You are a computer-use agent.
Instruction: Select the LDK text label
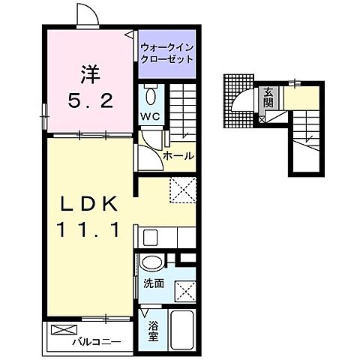(x=89, y=204)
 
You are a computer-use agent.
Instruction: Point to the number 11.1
(x=88, y=229)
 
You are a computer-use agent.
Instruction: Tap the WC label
(x=148, y=115)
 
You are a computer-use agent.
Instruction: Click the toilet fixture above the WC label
(x=148, y=95)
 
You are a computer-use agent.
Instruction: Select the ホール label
(x=179, y=156)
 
